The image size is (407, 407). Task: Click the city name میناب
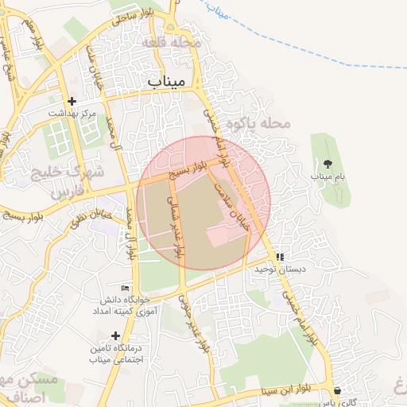coord(166,80)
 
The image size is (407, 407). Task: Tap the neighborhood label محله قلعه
coord(167,42)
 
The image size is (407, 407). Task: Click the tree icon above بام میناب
coord(328,164)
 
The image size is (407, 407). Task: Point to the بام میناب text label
coord(328,176)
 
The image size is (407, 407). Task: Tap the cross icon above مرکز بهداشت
coord(72,101)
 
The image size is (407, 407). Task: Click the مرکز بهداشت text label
coord(72,114)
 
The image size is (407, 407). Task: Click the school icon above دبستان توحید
coord(280,257)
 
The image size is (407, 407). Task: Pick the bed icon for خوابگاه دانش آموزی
coord(124,288)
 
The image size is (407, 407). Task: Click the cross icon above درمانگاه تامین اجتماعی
coord(116,336)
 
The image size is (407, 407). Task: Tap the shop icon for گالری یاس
coord(339,391)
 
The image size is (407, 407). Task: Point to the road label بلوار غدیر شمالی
coord(172,227)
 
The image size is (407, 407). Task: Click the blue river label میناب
coord(215,10)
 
